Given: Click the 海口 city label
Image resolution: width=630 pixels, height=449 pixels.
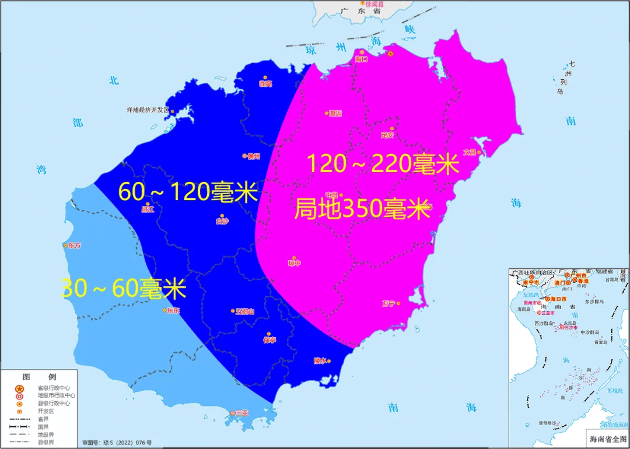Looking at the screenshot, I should point(362,59).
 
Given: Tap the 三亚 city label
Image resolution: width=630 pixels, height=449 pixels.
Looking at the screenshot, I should point(242,413).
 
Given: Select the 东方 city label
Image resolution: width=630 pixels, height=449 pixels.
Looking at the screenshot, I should point(74,245).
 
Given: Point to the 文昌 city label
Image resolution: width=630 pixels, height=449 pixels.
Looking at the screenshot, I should point(470,152).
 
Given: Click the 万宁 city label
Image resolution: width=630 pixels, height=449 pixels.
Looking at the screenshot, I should point(389,303).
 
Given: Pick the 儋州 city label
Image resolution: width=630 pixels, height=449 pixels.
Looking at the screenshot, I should point(253,156).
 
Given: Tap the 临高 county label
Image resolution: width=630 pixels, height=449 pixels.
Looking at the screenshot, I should point(265,84).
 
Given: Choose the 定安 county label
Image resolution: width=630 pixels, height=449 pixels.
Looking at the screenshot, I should point(387,135).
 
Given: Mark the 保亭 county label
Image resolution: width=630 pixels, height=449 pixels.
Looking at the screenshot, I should point(269,340).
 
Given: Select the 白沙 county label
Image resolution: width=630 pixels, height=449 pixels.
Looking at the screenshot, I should point(222,221).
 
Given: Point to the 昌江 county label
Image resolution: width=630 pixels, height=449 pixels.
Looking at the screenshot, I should point(148,209).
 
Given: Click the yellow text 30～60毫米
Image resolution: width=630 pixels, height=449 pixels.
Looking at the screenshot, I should point(124,289).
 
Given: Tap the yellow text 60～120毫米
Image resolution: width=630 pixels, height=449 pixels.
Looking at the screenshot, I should point(188,191).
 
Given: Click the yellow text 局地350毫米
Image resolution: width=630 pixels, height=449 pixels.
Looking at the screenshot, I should point(362,209).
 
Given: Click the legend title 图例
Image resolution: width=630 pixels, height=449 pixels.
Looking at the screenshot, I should point(38,377).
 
